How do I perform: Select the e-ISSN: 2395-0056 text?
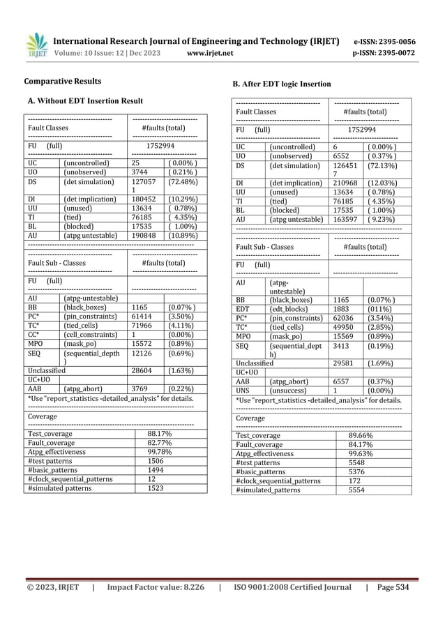click(x=384, y=41)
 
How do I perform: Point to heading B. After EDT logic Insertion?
click(x=281, y=84)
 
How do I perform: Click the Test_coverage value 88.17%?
click(x=160, y=434)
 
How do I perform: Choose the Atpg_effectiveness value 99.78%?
click(x=160, y=452)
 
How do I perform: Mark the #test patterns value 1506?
click(x=156, y=461)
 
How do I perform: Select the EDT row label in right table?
click(x=243, y=310)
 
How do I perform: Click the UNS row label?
click(x=243, y=391)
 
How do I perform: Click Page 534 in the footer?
click(x=394, y=587)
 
